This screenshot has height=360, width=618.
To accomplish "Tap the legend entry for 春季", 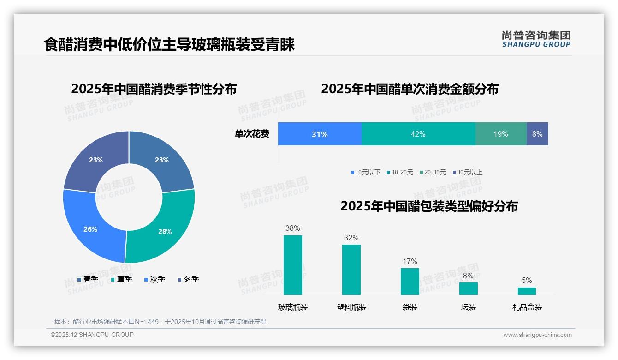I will coord(88,279).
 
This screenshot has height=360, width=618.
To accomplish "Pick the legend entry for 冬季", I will coord(188,279).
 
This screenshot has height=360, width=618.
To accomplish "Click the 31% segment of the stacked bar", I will coord(320,134).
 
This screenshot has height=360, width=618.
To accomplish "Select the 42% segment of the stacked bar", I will coord(418,134).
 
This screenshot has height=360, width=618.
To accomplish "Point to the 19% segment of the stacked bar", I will coord(501,134).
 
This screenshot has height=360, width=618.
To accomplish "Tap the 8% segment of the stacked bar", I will coord(537,134).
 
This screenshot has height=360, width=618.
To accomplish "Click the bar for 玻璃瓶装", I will coord(293,265).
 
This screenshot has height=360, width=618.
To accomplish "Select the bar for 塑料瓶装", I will coord(351,270).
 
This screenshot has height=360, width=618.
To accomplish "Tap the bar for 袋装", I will coord(410,281).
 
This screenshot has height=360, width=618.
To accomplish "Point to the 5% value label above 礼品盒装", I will coord(527,280).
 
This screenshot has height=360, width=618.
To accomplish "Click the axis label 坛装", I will coord(469,307).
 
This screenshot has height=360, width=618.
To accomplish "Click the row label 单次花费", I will coord(252,134).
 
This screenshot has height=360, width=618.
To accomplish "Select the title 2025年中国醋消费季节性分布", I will coord(154,89).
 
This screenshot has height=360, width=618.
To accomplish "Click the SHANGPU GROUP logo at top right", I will coord(536,39).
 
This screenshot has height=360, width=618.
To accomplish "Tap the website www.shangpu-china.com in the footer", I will coord(537,335).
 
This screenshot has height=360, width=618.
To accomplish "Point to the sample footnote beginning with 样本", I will coord(160,322).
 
